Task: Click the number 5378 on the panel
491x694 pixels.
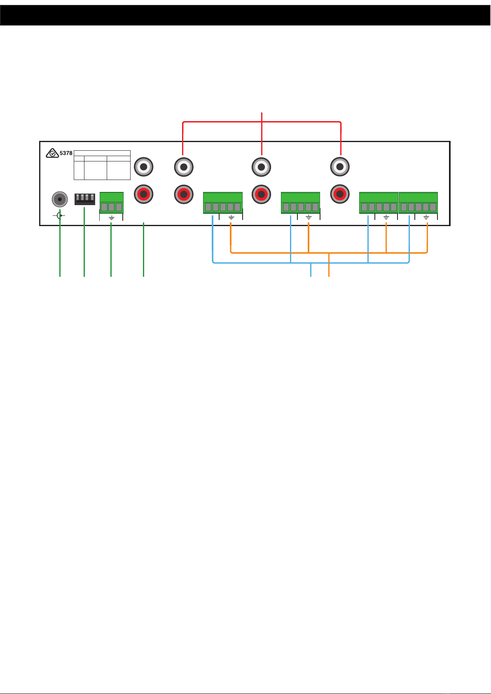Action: pyautogui.click(x=66, y=153)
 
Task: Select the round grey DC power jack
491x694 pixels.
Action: pyautogui.click(x=60, y=200)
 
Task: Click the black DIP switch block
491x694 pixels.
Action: pyautogui.click(x=84, y=199)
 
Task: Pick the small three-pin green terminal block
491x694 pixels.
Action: pyautogui.click(x=111, y=203)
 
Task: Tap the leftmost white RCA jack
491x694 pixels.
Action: pyautogui.click(x=144, y=167)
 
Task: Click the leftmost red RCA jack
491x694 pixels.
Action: pyautogui.click(x=144, y=194)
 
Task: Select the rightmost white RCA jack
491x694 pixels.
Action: pyautogui.click(x=340, y=167)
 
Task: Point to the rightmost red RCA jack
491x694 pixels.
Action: pyautogui.click(x=340, y=194)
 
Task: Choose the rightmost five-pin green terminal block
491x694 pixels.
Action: pyautogui.click(x=418, y=203)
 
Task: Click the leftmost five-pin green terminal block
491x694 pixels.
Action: pyautogui.click(x=222, y=203)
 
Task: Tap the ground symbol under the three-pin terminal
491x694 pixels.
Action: pyautogui.click(x=111, y=217)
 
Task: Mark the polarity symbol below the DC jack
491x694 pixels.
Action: pyautogui.click(x=60, y=215)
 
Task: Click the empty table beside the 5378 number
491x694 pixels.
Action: pyautogui.click(x=102, y=165)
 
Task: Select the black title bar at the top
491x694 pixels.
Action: pyautogui.click(x=245, y=15)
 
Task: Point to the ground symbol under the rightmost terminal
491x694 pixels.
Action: pyautogui.click(x=426, y=217)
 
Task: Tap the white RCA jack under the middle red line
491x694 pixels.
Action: pyautogui.click(x=261, y=167)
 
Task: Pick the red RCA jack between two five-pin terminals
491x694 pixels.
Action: pyautogui.click(x=261, y=194)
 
